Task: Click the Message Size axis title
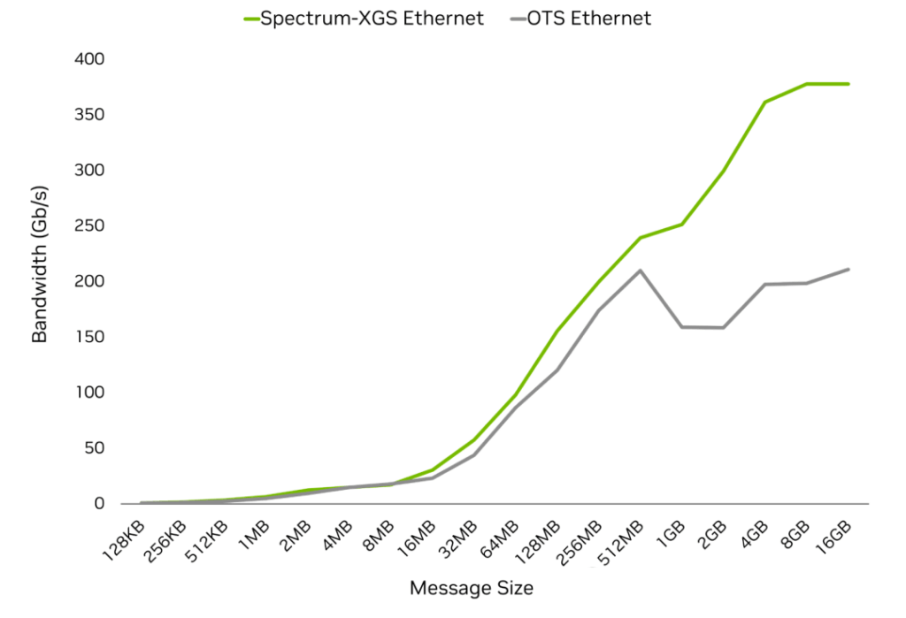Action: click(x=472, y=588)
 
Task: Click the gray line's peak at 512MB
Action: click(x=640, y=271)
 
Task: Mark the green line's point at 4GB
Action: click(x=764, y=103)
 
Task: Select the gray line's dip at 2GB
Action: click(x=723, y=328)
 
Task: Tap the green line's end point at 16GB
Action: click(x=848, y=84)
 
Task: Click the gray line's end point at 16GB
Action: click(x=848, y=269)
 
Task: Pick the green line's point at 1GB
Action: click(x=681, y=225)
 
